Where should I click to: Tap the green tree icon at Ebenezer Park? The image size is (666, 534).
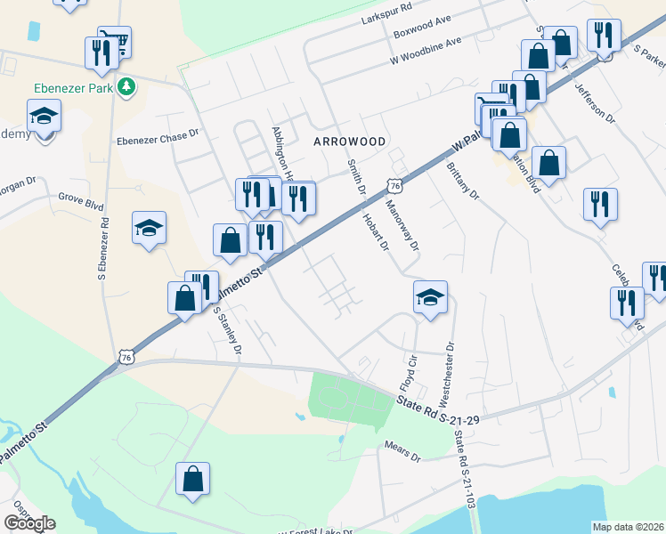point(128,86)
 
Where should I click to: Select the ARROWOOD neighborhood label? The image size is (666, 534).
point(350,142)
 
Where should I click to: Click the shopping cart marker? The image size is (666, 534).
point(113,41)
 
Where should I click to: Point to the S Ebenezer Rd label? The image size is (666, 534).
point(105,245)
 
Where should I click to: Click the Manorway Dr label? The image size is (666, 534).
point(402,225)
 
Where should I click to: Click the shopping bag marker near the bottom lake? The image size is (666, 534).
point(193,479)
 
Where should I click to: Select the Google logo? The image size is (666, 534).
point(29,523)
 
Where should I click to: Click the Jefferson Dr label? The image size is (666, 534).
point(595,103)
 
